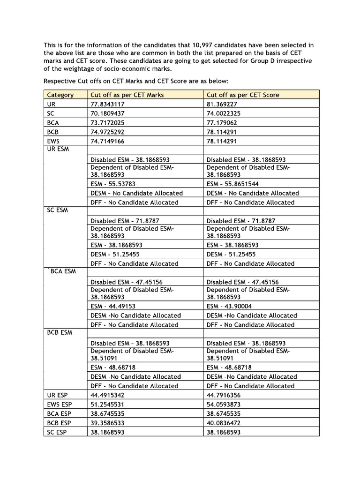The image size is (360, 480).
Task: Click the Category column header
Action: click(60, 95)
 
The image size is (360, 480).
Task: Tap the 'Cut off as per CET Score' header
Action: click(243, 95)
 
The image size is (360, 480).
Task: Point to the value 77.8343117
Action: click(107, 104)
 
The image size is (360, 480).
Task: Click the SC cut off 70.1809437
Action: click(107, 113)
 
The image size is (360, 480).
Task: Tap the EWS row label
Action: click(54, 140)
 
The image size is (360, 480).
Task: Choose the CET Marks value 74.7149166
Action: click(107, 140)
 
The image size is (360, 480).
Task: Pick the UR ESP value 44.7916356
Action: click(224, 395)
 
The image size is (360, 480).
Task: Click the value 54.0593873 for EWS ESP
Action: click(224, 404)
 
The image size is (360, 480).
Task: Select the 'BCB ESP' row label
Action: click(59, 422)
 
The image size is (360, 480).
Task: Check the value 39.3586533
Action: click(107, 422)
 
